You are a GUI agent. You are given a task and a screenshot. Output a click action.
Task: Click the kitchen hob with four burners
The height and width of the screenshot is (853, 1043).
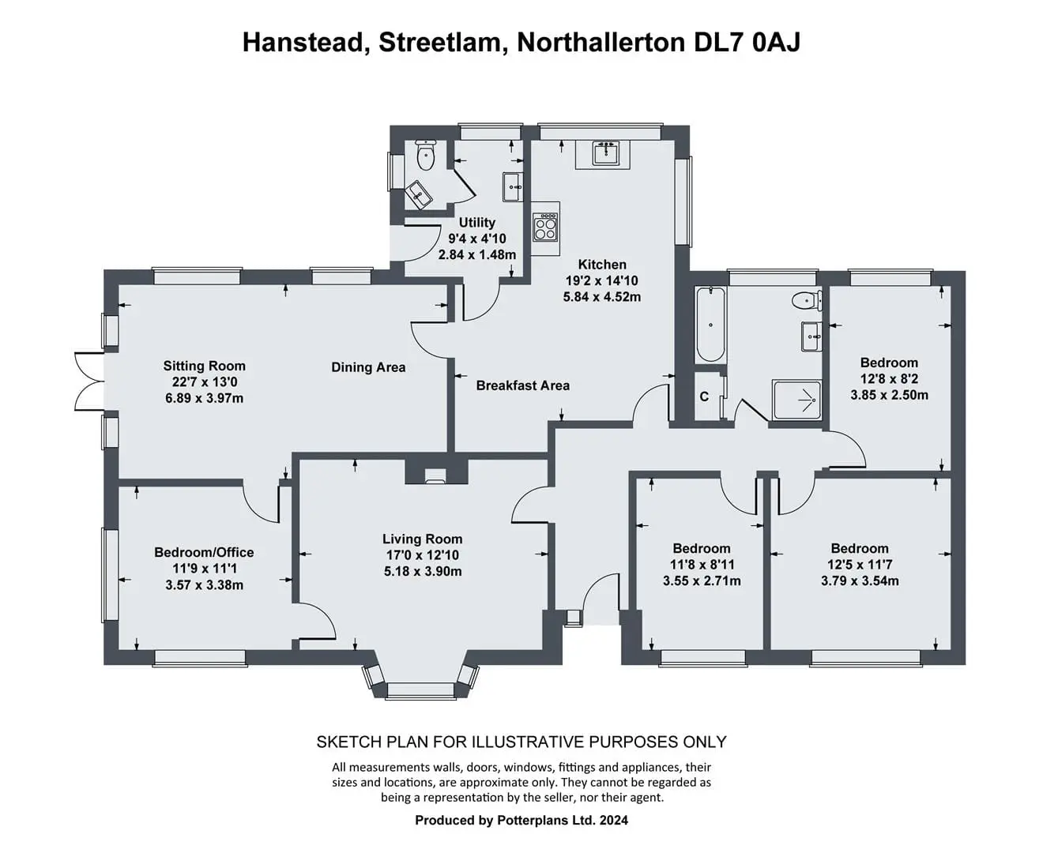(544, 227)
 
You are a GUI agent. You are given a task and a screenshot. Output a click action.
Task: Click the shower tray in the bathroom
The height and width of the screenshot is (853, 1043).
(796, 400)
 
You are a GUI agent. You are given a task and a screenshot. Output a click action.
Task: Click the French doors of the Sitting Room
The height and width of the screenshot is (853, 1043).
(89, 381)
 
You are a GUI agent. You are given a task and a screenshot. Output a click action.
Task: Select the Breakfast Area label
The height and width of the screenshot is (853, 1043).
(523, 385)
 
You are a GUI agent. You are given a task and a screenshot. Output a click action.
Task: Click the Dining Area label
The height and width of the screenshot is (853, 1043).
(368, 367)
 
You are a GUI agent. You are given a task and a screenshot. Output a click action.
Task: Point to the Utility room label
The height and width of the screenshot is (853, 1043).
(476, 222)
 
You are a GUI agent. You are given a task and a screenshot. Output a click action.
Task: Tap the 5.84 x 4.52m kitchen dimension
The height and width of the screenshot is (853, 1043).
(602, 297)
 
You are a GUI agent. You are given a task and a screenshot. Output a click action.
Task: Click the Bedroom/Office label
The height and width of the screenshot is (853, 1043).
(204, 552)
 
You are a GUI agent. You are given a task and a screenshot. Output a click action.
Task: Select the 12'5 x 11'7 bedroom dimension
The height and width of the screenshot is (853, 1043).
(860, 564)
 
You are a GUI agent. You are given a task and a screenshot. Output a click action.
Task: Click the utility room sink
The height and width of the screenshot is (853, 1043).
(513, 187)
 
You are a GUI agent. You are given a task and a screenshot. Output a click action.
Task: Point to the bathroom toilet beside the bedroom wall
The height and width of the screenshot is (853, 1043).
(806, 299)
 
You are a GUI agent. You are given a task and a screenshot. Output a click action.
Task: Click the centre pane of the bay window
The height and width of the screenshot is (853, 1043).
(420, 690)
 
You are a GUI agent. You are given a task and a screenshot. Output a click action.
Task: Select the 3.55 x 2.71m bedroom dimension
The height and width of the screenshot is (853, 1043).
(702, 581)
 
